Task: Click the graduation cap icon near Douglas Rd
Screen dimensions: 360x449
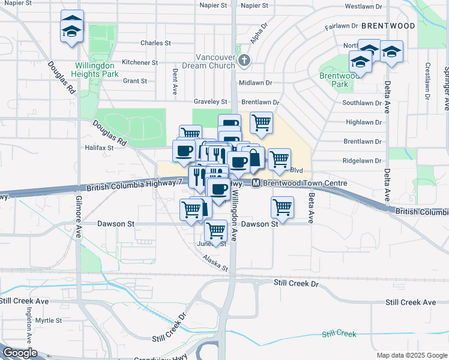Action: (x=71, y=28)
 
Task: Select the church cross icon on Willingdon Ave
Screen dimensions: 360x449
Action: (x=243, y=60)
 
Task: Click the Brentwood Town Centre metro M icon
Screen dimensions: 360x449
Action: (x=256, y=183)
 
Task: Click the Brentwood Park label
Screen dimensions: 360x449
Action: (x=339, y=80)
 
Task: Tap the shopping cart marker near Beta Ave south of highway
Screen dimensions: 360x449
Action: (x=282, y=208)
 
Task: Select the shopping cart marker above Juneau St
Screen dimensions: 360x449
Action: (x=215, y=229)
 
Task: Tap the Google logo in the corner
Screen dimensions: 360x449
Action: (x=19, y=353)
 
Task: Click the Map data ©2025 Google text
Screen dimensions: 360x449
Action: (x=412, y=355)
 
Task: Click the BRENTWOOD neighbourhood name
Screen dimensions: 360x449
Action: (x=388, y=26)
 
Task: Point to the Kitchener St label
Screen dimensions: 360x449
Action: (x=139, y=62)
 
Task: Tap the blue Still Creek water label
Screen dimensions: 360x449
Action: (x=339, y=334)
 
